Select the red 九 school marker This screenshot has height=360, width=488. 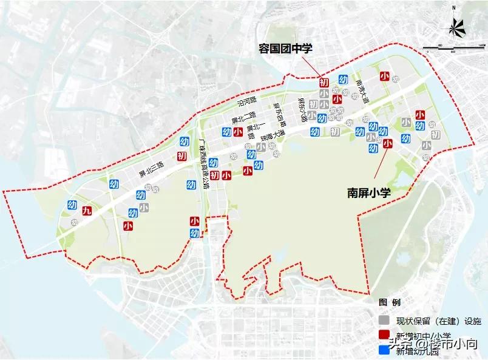click(87, 211)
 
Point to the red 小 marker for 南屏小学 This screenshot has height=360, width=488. click(388, 143)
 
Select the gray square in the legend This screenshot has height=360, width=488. click(384, 320)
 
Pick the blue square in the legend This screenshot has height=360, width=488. click(384, 350)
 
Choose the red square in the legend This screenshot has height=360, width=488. click(384, 335)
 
